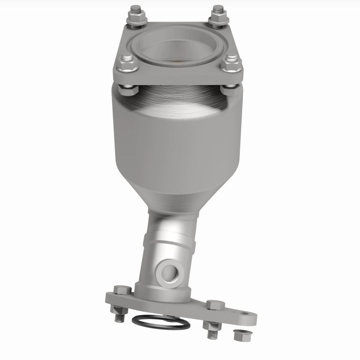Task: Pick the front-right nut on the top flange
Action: pos(231,65)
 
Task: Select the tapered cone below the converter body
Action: pos(178,193)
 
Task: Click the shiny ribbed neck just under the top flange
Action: pos(178,97)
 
